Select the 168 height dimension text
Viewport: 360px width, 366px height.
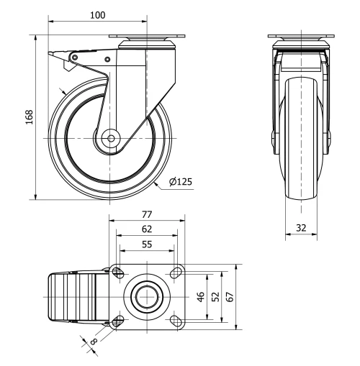coord(29,117)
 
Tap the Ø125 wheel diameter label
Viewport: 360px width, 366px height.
coord(180,182)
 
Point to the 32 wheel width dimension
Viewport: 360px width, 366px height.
coord(302,227)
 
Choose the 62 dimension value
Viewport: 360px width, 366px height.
coord(146,229)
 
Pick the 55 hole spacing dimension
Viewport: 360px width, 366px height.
coord(146,245)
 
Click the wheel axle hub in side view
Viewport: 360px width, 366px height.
coord(112,137)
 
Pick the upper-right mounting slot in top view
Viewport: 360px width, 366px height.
coord(174,272)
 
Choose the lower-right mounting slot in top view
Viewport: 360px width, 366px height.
coord(174,321)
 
